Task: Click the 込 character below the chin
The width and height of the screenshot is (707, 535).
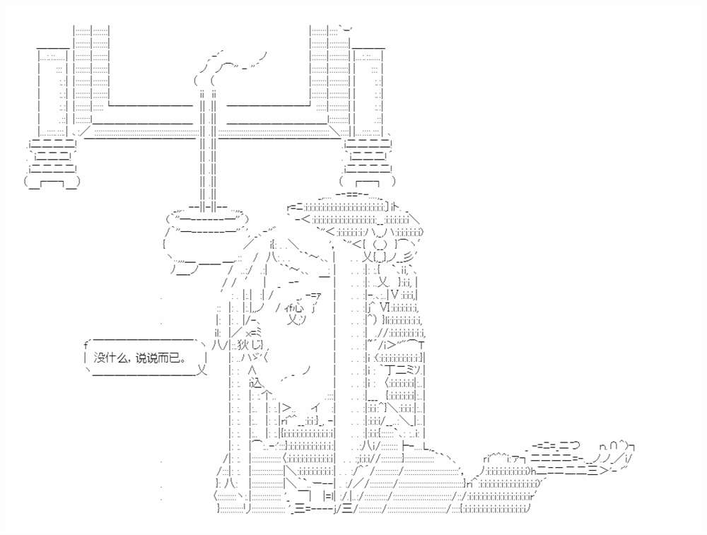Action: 255,384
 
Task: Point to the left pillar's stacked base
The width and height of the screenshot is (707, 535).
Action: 52,163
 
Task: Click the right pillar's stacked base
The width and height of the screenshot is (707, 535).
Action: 368,163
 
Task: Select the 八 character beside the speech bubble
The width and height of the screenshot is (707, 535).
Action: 217,346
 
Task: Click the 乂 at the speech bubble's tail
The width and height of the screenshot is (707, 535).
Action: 202,371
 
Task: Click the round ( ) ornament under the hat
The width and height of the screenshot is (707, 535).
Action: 380,245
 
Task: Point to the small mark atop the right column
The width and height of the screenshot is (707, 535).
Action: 346,28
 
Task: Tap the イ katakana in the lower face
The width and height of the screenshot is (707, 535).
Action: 317,408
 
